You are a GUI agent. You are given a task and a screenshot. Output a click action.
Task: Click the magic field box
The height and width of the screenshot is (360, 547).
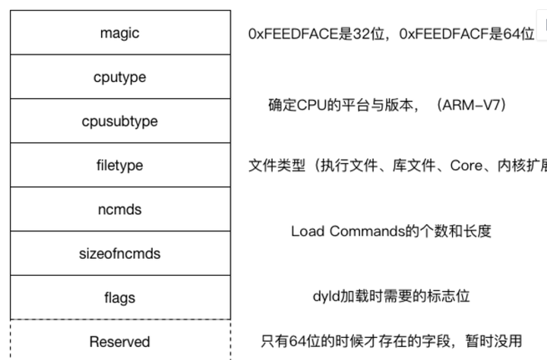[120, 33]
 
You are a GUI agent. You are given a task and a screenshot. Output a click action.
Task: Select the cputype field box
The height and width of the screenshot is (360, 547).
[120, 77]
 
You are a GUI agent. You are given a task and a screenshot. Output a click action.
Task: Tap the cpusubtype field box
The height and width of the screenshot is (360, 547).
[120, 121]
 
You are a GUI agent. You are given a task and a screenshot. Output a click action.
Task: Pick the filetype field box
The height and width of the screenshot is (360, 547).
[120, 165]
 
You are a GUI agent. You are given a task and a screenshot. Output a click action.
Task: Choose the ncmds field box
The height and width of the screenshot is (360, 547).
[120, 209]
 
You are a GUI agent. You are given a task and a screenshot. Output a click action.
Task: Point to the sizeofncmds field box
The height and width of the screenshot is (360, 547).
[120, 253]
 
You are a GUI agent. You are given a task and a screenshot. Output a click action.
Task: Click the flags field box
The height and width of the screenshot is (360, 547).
[120, 297]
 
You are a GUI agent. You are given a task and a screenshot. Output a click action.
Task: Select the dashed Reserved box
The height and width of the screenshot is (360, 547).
[120, 340]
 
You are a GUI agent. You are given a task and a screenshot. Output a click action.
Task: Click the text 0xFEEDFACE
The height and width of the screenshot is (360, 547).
[286, 34]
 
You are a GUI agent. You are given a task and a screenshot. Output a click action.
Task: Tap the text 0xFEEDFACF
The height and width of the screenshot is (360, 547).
[426, 34]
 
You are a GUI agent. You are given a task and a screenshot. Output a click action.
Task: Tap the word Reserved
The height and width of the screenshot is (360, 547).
[120, 341]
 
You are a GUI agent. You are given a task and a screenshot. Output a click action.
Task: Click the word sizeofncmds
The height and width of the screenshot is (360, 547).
[120, 253]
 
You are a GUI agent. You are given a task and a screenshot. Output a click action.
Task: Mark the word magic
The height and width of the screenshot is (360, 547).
[120, 33]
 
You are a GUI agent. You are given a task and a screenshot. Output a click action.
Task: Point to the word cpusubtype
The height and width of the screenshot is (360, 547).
[120, 122]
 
